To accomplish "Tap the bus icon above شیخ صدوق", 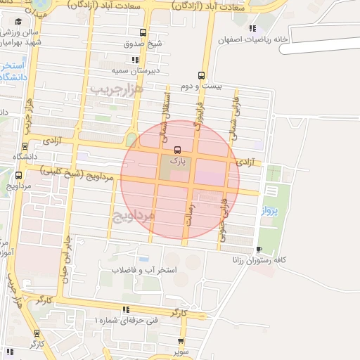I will tap(143, 32).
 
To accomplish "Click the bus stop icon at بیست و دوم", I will tap(202, 75).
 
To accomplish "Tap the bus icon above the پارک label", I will tap(176, 149).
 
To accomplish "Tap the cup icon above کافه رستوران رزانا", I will tap(259, 249).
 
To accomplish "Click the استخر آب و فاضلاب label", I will tap(150, 270).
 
